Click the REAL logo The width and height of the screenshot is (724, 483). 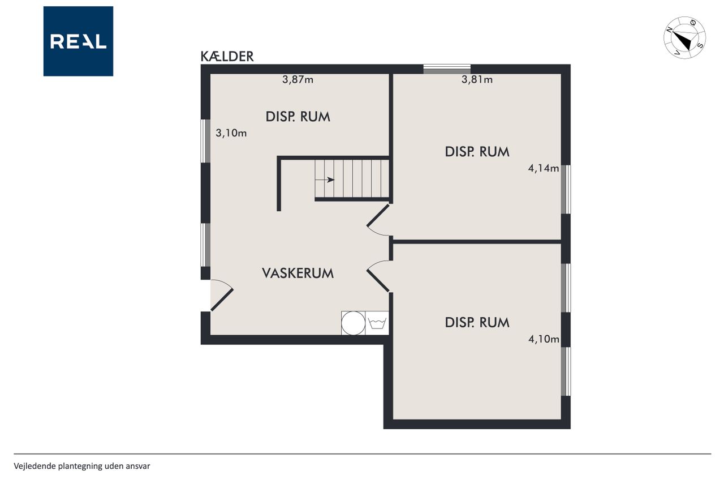[78, 41]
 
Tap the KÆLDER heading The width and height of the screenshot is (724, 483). [227, 56]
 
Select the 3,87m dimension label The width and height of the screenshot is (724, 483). [298, 79]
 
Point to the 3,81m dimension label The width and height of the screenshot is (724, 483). [477, 79]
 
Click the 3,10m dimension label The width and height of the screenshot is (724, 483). [231, 133]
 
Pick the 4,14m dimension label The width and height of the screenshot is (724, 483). [544, 168]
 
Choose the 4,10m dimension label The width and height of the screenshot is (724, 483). [544, 339]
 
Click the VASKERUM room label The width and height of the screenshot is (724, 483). [298, 273]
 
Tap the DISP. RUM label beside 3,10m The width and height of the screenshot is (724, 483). [298, 117]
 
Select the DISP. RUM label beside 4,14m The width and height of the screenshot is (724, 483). [477, 152]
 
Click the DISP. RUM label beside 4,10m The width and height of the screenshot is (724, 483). [477, 323]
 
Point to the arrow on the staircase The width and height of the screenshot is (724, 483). [325, 179]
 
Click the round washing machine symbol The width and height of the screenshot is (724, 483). [354, 323]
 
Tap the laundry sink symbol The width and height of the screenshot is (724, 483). [377, 323]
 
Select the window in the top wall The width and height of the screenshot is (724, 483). [447, 69]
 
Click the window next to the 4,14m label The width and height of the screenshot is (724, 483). [566, 189]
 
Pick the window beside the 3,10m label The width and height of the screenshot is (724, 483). [205, 141]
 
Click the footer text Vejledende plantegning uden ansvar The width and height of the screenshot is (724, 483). [82, 466]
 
